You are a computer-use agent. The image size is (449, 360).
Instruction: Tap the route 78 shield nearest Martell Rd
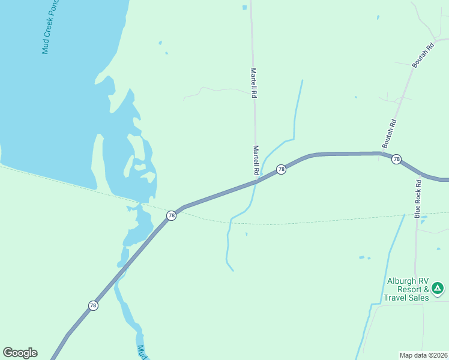281,170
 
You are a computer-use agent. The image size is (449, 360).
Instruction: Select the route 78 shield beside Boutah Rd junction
396,159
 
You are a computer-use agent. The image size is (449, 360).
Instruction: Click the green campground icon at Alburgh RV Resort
438,289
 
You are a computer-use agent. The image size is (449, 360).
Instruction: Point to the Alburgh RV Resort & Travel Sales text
408,289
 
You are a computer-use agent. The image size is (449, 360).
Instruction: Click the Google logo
20,353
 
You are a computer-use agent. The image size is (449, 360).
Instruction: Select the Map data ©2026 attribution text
423,355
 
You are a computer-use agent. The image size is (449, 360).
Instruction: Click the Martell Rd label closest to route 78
256,160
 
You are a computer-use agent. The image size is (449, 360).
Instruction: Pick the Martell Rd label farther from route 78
254,83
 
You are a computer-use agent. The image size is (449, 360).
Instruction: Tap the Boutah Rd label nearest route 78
390,133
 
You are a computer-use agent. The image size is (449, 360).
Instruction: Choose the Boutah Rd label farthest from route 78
421,55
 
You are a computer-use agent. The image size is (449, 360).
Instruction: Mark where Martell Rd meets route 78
257,179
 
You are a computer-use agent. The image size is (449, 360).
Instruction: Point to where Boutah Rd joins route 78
380,154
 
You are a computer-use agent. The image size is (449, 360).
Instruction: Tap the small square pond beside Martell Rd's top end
244,7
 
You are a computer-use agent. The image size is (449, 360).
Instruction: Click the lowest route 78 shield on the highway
92,305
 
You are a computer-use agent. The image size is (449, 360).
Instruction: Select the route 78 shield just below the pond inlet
171,215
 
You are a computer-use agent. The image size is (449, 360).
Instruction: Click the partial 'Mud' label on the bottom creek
142,352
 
